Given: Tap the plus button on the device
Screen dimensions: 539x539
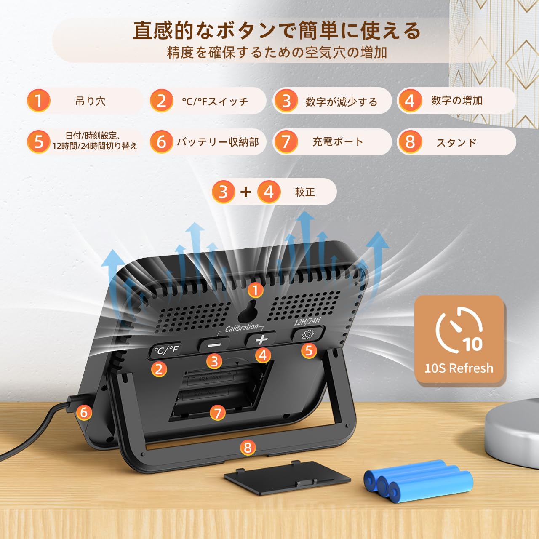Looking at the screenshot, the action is pos(261,339).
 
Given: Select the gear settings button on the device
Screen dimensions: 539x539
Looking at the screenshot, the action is pos(308,334).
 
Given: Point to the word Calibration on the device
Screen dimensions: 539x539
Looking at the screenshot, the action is pos(241,328).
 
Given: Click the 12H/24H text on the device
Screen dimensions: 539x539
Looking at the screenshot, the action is pos(307,321).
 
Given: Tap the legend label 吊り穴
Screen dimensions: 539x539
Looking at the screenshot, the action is pos(91,101).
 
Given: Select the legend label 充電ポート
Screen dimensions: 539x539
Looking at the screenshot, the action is pos(338,142).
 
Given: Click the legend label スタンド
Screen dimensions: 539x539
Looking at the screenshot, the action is pos(456,143).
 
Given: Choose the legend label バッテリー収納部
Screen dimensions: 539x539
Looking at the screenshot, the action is pos(218,142).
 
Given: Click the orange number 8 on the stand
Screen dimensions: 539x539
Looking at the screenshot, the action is pos(248,448).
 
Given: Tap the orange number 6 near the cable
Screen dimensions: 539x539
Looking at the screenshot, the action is pos(84,412).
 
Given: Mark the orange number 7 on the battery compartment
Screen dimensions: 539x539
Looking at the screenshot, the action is pos(218,413).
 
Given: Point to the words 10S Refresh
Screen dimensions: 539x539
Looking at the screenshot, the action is pos(459,368).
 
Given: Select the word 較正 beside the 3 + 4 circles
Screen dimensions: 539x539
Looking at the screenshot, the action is pos(305,192).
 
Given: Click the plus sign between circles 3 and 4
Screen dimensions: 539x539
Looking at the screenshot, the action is pos(245,192).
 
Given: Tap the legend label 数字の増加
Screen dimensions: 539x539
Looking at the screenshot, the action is pos(456,100).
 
